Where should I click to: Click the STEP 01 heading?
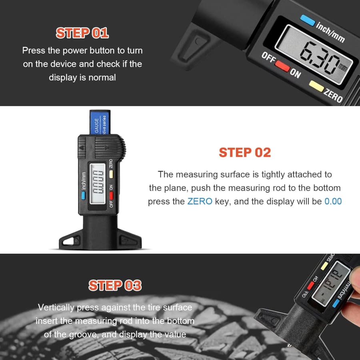pyautogui.click(x=82, y=33)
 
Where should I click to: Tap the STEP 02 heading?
pyautogui.click(x=245, y=152)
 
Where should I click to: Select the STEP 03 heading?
pyautogui.click(x=115, y=285)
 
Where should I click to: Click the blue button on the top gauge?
pyautogui.click(x=308, y=20)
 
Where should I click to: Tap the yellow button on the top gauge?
pyautogui.click(x=316, y=86)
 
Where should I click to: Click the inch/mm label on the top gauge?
pyautogui.click(x=330, y=32)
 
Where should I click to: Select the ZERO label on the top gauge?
pyautogui.click(x=333, y=96)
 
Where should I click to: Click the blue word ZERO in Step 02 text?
pyautogui.click(x=200, y=201)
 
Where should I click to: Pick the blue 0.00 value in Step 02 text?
pyautogui.click(x=333, y=201)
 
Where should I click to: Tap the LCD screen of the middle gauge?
pyautogui.click(x=98, y=184)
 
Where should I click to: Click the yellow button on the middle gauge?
pyautogui.click(x=111, y=174)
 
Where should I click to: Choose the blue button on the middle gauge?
pyautogui.click(x=83, y=195)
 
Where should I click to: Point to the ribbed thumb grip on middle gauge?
pyautogui.click(x=110, y=147)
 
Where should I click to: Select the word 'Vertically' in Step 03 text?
pyautogui.click(x=56, y=308)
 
